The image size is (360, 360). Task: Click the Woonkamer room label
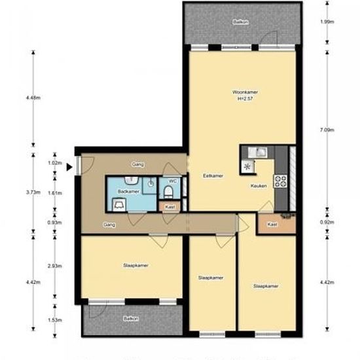point(245,92)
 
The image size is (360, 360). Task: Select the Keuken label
point(259,186)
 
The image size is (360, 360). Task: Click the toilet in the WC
point(169,192)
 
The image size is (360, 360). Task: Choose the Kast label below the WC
point(170,207)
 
